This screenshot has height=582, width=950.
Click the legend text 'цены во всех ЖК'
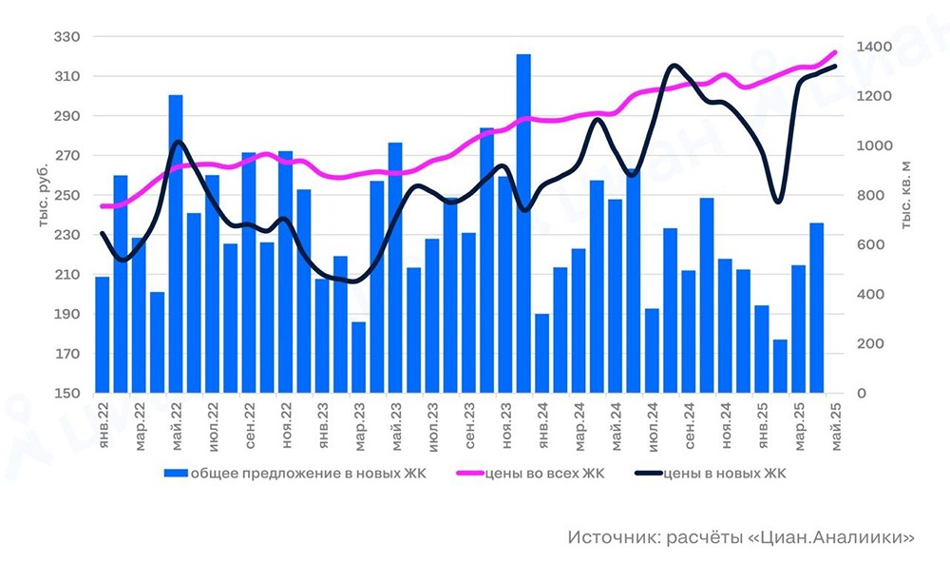[x=543, y=473]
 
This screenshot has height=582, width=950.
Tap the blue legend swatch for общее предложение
[x=176, y=473]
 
